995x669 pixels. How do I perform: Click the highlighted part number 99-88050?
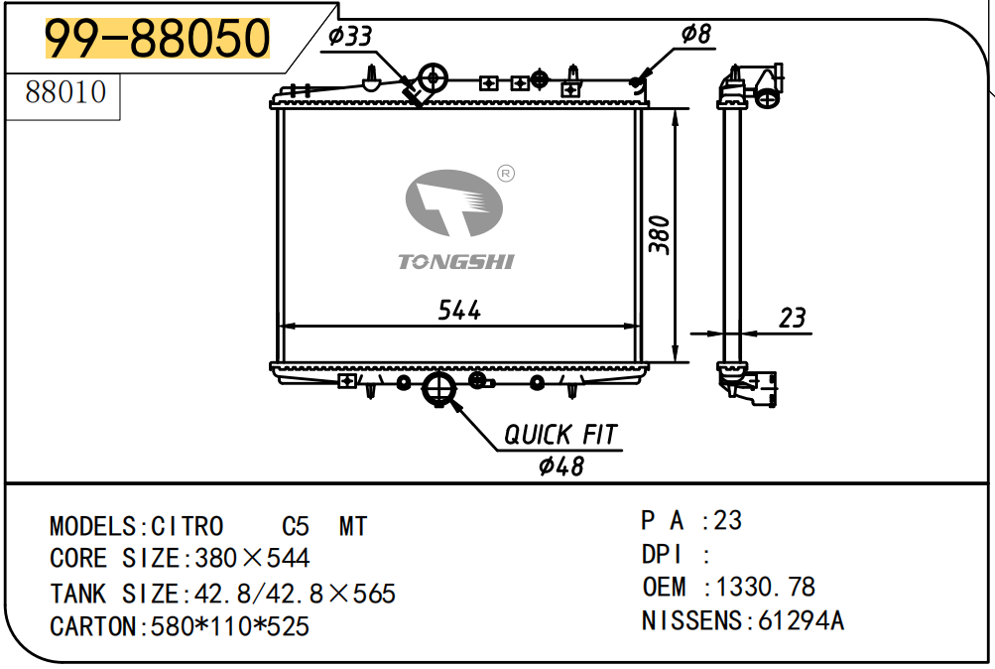coord(158,38)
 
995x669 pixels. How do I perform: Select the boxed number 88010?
coord(65,92)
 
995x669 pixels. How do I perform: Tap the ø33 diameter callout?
coord(349,36)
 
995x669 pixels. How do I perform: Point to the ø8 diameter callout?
coord(696,34)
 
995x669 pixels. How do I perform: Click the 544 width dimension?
coord(459,311)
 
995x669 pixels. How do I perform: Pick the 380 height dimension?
coord(660,235)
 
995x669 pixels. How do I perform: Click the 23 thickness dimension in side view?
coord(792,318)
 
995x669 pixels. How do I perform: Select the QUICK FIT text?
coord(560,435)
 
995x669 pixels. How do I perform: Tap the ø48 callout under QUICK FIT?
coord(560,467)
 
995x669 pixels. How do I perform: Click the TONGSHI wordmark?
coord(455,261)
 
